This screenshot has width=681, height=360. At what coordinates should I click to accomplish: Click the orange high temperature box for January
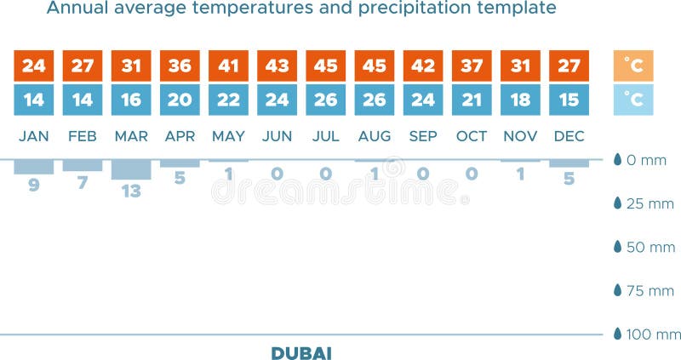click(x=34, y=66)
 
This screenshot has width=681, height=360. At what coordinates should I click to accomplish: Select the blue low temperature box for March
click(x=131, y=100)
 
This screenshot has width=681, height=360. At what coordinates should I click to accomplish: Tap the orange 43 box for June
click(x=277, y=66)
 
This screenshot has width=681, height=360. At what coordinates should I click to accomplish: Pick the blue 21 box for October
click(x=471, y=100)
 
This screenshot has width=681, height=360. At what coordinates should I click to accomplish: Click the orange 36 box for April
click(x=180, y=66)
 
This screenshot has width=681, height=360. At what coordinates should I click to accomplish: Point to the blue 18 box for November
click(x=519, y=100)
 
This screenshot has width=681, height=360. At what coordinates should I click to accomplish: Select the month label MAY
click(x=228, y=136)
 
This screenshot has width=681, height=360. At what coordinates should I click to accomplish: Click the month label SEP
click(x=423, y=136)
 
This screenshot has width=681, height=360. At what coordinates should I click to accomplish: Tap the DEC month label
click(x=569, y=136)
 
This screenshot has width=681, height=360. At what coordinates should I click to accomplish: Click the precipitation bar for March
click(x=131, y=169)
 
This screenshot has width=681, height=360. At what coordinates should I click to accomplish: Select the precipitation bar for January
click(x=34, y=167)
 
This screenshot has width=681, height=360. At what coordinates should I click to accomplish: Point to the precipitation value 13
click(x=131, y=191)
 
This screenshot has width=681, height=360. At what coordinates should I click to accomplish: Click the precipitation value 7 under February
click(x=83, y=182)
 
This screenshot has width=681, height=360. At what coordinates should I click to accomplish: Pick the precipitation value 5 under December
click(x=569, y=179)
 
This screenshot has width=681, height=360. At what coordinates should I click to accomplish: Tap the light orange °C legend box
click(x=632, y=66)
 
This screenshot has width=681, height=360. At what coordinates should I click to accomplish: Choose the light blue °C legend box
click(x=632, y=100)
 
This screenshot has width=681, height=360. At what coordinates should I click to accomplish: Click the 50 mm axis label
click(x=649, y=247)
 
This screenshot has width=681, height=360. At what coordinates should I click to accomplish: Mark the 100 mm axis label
click(x=652, y=334)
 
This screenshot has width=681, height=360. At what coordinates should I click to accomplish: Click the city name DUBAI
click(x=301, y=351)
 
